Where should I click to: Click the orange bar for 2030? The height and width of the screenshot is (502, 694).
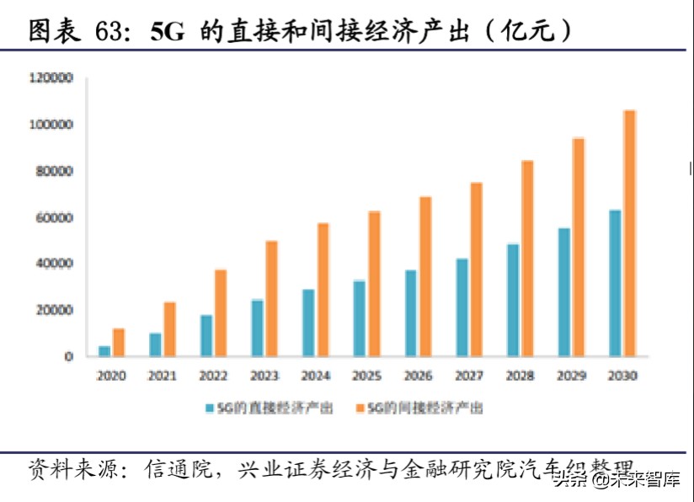click(629, 233)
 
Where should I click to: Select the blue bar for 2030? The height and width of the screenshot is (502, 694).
click(615, 283)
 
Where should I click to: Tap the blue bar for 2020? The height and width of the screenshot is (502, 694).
click(104, 350)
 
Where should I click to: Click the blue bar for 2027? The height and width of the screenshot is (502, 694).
click(462, 307)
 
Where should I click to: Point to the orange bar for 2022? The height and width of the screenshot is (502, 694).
click(220, 312)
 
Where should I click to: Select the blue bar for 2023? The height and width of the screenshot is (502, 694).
click(258, 328)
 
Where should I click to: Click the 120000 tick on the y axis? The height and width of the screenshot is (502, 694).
click(52, 78)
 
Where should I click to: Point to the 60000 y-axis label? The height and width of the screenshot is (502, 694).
click(56, 217)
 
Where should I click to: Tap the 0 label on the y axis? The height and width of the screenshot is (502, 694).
click(69, 356)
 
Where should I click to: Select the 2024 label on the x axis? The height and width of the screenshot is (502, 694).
click(316, 376)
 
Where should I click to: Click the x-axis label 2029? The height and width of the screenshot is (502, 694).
click(571, 376)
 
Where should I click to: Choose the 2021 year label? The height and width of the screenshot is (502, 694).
click(163, 376)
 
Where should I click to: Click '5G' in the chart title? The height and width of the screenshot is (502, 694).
click(167, 32)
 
